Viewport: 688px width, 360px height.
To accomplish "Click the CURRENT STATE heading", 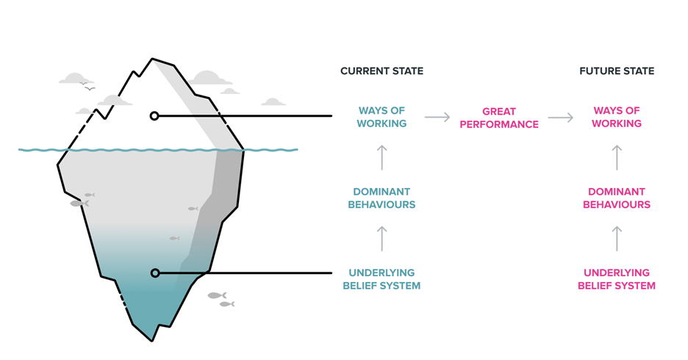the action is click(x=381, y=71).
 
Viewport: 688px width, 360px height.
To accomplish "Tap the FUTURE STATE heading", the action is click(x=617, y=71).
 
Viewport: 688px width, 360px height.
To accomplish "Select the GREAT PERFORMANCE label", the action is click(x=499, y=118).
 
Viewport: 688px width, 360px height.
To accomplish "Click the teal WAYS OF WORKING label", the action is click(x=381, y=117).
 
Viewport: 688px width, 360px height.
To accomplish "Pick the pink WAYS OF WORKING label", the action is click(x=617, y=117).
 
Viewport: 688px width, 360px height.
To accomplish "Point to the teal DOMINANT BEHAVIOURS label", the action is click(x=381, y=198).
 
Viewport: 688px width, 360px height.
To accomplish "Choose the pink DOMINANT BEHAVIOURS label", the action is click(x=617, y=198).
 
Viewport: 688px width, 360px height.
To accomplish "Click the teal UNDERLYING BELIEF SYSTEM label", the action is click(x=381, y=279).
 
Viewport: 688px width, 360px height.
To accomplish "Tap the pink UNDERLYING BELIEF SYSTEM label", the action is click(x=617, y=279).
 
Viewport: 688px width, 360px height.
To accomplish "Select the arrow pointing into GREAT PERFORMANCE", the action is click(x=437, y=117).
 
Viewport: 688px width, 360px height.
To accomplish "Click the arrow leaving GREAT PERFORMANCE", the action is click(x=561, y=117).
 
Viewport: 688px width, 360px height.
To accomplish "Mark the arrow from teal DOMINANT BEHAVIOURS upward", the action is click(x=381, y=157).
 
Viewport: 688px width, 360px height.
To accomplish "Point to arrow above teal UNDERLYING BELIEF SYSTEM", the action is click(x=381, y=239).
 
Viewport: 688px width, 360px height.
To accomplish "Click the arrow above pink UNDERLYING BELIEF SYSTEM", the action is click(x=617, y=239).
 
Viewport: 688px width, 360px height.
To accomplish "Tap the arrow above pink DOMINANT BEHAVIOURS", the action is click(x=617, y=157).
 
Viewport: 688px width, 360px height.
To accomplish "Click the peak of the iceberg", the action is click(x=152, y=58).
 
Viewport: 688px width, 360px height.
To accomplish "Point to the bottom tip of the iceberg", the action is click(x=152, y=341).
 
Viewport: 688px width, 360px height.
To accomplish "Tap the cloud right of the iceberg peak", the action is click(x=211, y=78).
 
